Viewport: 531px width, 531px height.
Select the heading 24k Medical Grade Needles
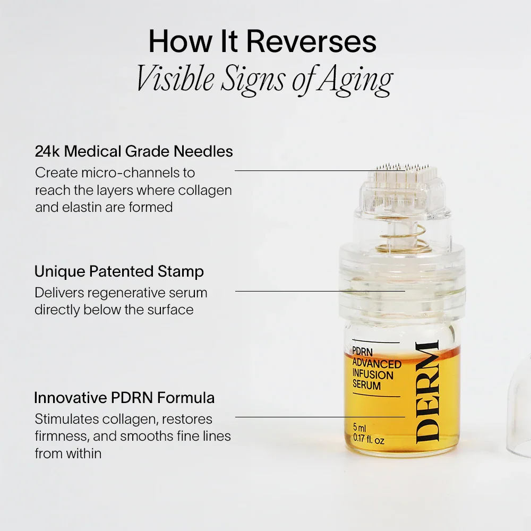134,151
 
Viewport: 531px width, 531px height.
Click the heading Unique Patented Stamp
119,271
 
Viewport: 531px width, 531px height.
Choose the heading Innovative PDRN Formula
124,397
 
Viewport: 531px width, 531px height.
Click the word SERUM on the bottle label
367,386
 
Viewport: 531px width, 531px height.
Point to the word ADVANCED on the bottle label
377,364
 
